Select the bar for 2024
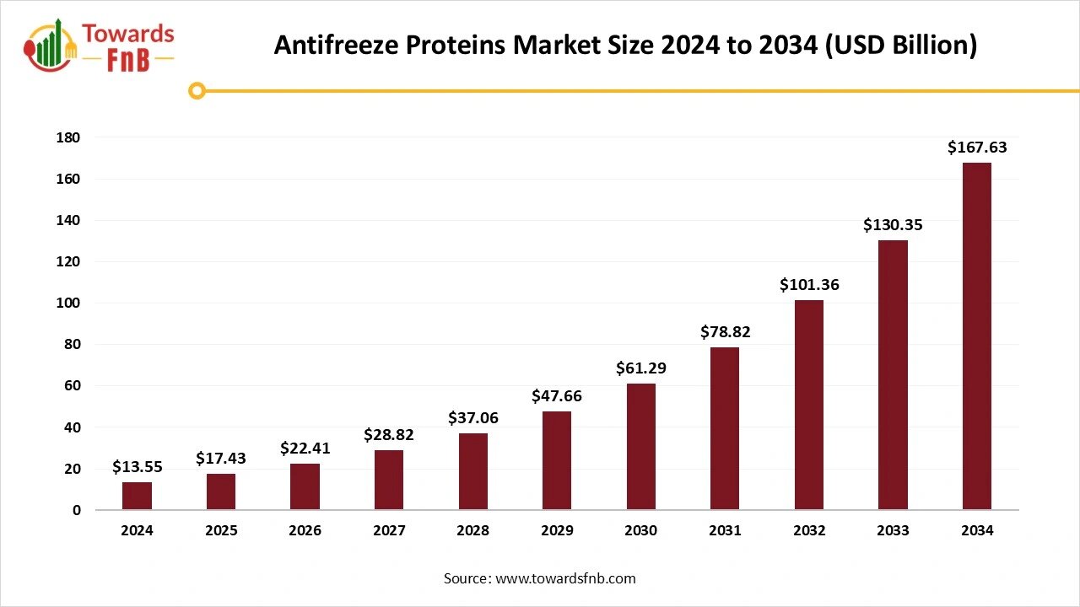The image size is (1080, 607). click(x=137, y=496)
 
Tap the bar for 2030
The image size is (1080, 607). click(x=640, y=446)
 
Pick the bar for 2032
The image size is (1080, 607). click(x=808, y=405)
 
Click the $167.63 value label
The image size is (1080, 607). click(x=976, y=148)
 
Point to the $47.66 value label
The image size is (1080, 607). click(x=556, y=396)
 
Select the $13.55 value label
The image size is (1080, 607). click(x=137, y=467)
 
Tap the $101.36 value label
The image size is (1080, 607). click(x=808, y=285)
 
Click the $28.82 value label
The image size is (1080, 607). click(x=388, y=435)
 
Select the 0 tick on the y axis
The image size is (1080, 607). click(x=76, y=510)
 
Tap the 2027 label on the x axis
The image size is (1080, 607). click(x=388, y=531)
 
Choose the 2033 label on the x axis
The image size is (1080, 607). click(x=893, y=531)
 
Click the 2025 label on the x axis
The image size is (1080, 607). click(x=221, y=531)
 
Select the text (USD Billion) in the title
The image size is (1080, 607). click(x=900, y=45)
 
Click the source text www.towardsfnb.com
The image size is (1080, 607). click(x=564, y=578)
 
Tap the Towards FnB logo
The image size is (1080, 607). click(x=100, y=44)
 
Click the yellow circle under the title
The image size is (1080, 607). click(x=197, y=90)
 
